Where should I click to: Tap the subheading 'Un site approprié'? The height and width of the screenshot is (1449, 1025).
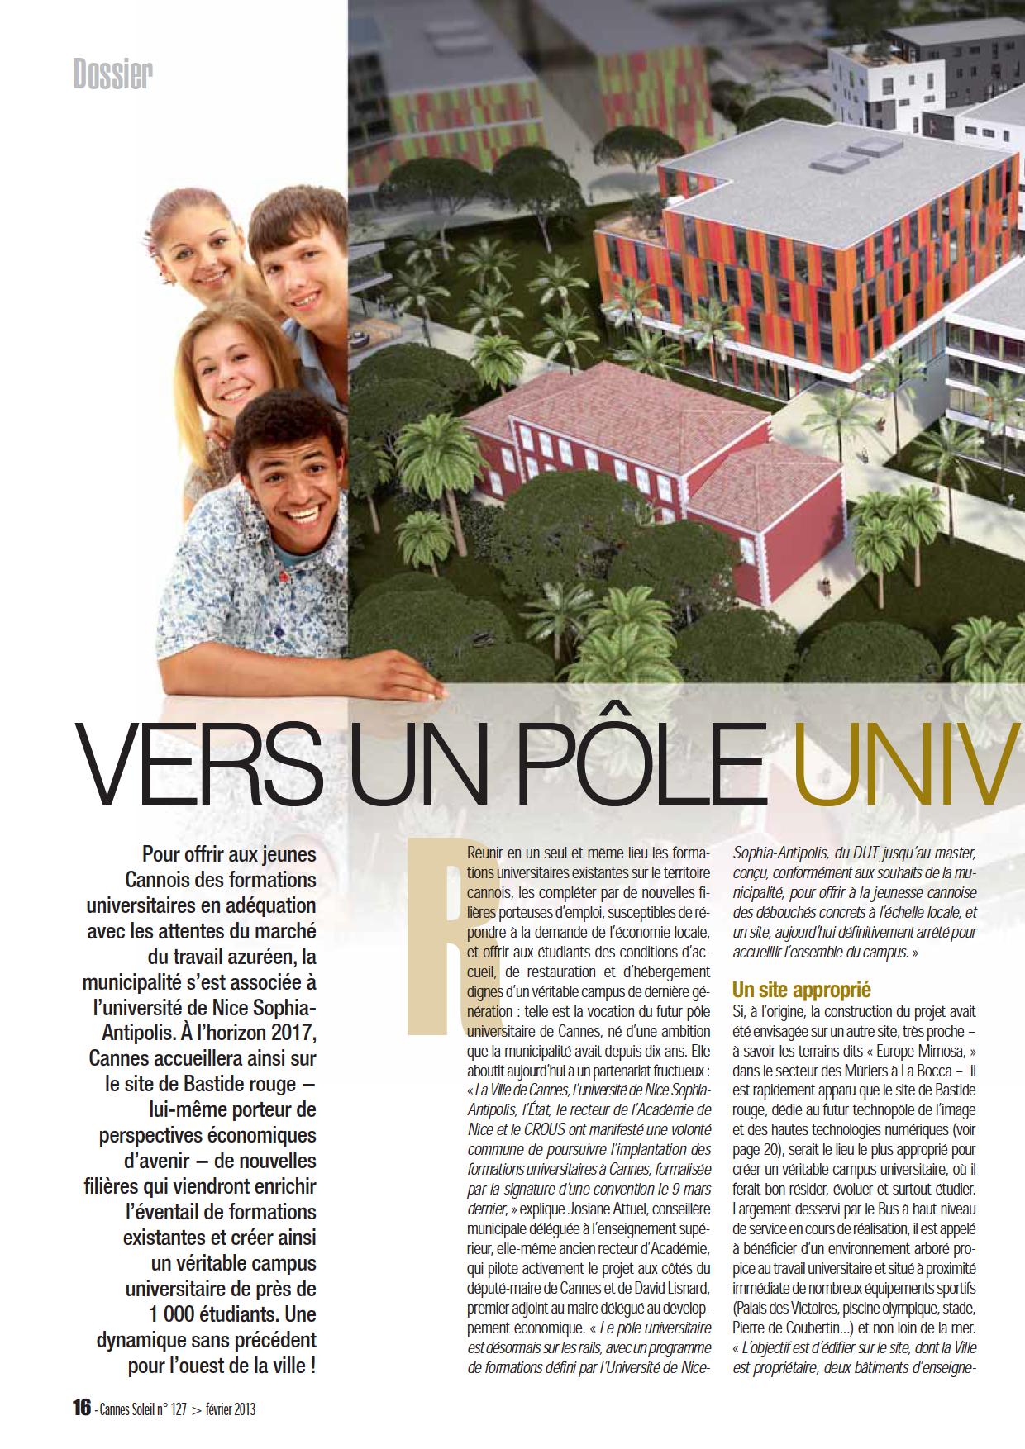(802, 990)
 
